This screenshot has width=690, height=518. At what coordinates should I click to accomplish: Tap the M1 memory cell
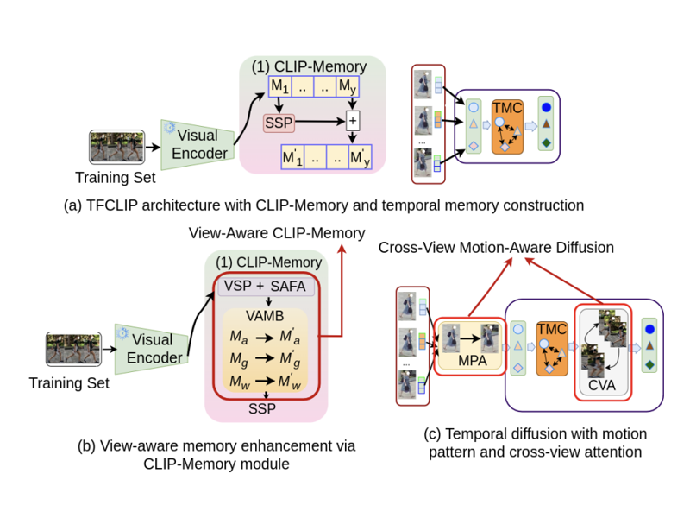(x=281, y=87)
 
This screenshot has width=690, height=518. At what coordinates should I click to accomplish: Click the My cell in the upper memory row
(x=346, y=87)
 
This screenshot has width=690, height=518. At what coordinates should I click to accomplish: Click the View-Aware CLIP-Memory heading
(x=276, y=232)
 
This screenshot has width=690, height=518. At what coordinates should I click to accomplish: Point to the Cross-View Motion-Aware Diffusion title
(x=496, y=248)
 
